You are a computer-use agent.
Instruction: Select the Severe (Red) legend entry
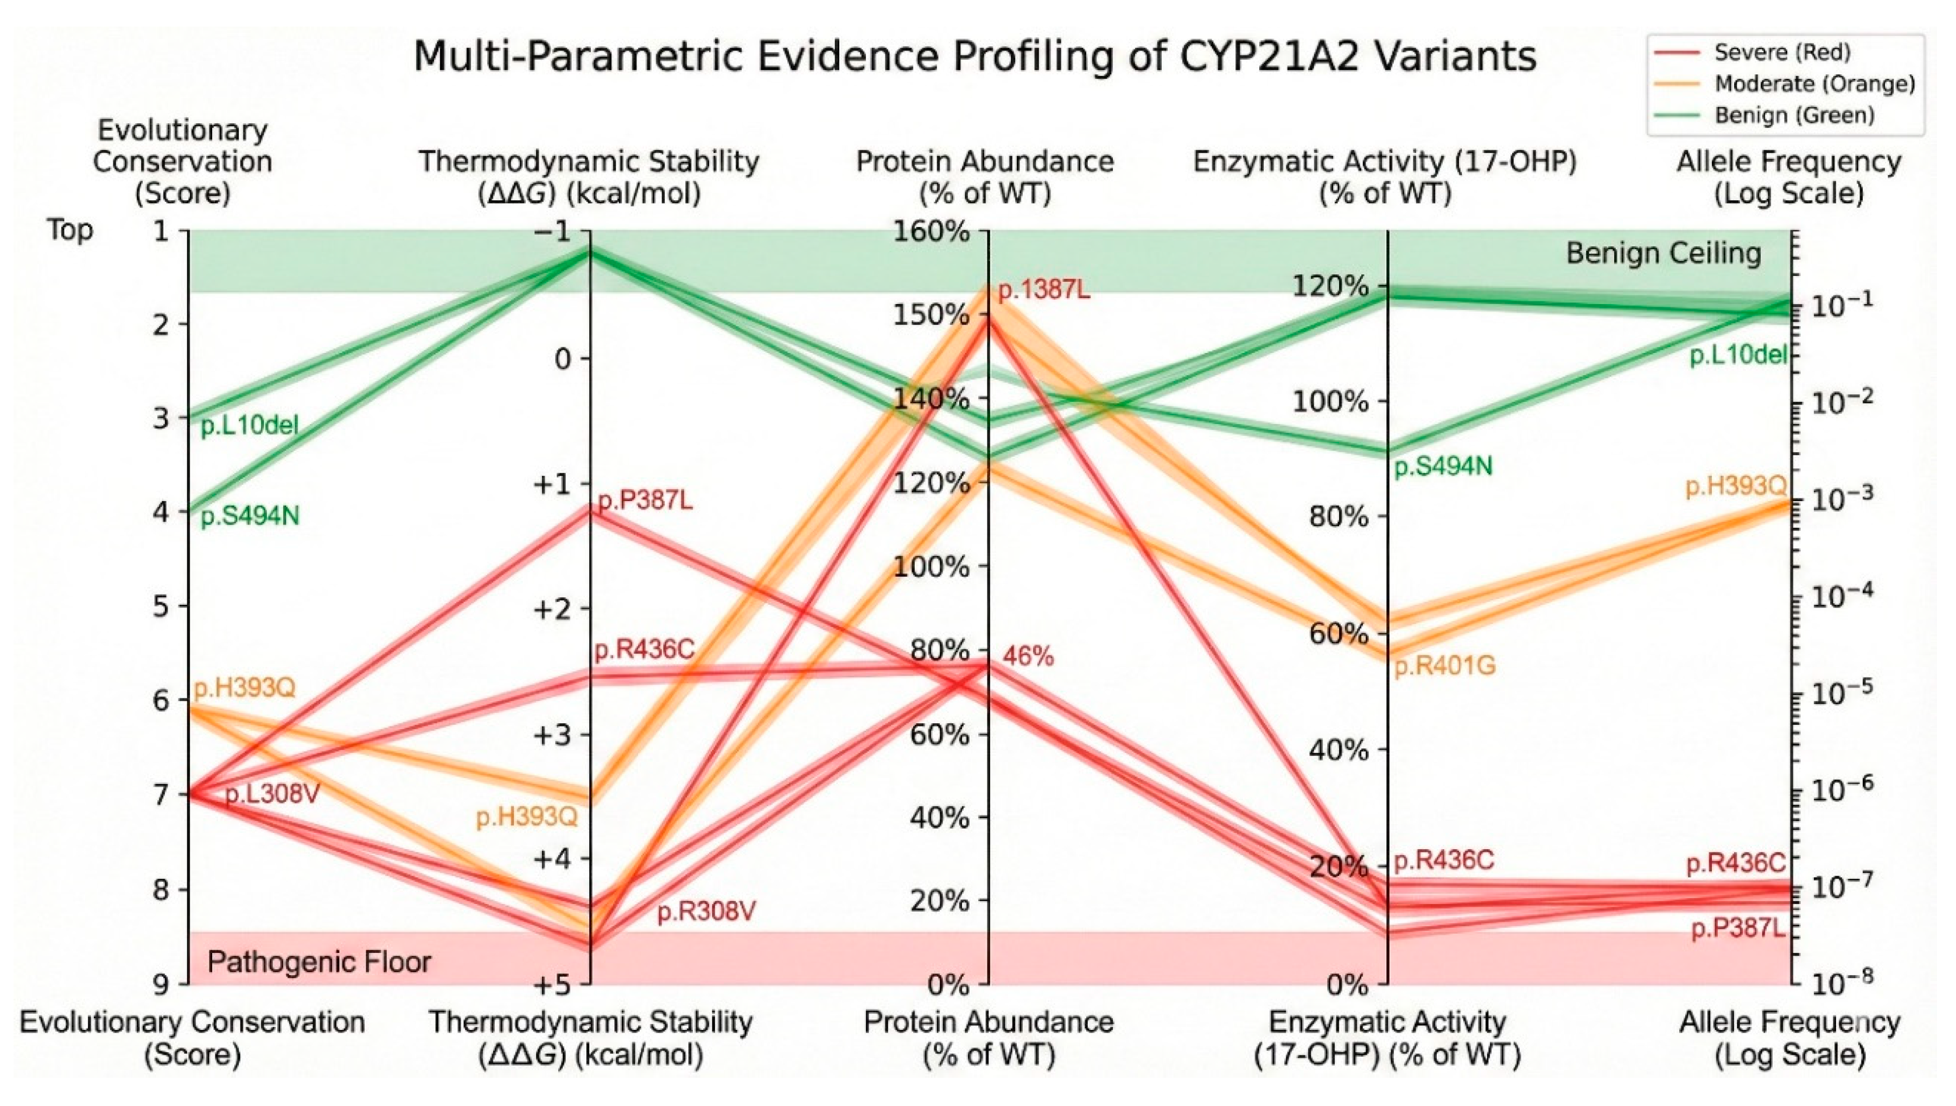[x=1781, y=53]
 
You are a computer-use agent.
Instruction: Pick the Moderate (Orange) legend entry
[x=1814, y=84]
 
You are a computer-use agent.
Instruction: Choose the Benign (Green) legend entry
[x=1794, y=116]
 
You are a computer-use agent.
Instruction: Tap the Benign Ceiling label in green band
[x=1663, y=253]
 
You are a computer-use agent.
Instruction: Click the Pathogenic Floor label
[x=319, y=963]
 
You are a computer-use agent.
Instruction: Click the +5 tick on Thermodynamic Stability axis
[x=552, y=986]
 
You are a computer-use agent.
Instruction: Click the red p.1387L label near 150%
[x=1043, y=289]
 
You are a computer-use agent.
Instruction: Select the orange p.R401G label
[x=1444, y=666]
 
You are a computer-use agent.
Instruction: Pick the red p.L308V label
[x=272, y=794]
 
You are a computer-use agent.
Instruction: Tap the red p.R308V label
[x=706, y=911]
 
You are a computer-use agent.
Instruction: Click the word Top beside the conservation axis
[x=70, y=230]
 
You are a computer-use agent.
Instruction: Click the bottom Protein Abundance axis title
[x=989, y=1038]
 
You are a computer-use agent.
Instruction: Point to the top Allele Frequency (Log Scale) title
[x=1789, y=177]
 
